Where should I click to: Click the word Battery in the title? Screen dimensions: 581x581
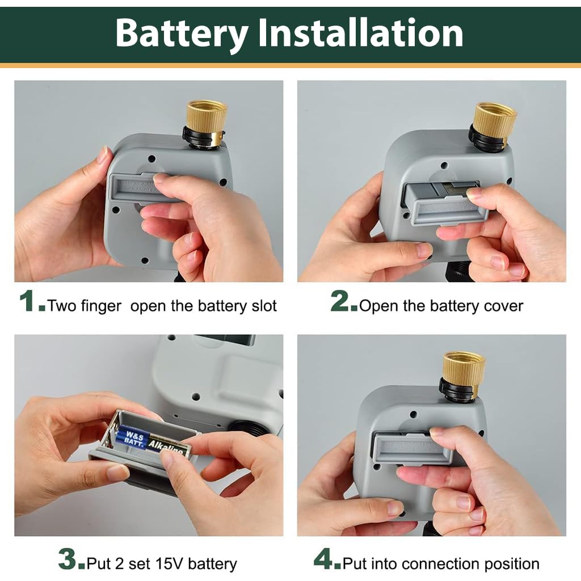click(x=182, y=34)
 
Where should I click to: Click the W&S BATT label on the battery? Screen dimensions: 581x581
click(x=133, y=437)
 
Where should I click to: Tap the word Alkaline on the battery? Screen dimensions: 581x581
click(x=167, y=446)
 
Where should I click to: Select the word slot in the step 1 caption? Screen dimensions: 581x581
click(x=264, y=306)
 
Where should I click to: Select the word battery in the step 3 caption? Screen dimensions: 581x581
click(x=212, y=565)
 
